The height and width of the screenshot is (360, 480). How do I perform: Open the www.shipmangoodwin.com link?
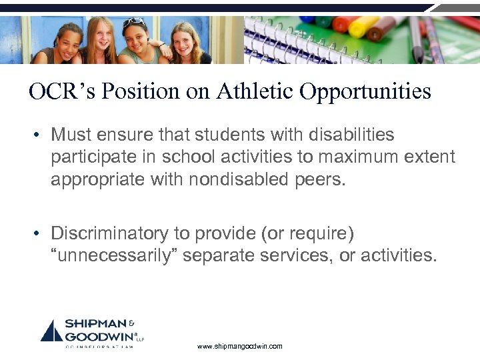[240, 347]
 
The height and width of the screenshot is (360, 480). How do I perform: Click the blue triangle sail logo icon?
[52, 331]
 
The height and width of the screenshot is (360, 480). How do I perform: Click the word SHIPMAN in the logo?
[93, 324]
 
